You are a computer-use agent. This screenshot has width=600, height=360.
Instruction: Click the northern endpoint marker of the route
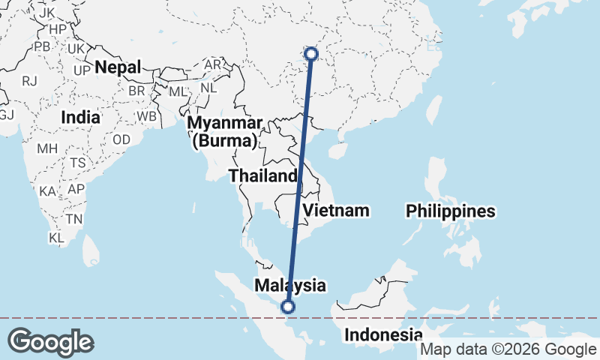click(x=311, y=53)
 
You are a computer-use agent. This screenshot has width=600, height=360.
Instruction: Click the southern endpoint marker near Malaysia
click(x=287, y=305)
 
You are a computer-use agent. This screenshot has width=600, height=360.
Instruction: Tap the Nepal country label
click(x=117, y=67)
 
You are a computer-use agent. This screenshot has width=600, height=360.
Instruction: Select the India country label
click(x=80, y=117)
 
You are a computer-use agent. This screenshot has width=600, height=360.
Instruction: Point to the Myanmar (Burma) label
click(x=225, y=131)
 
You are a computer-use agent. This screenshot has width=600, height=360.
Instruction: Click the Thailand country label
click(x=263, y=175)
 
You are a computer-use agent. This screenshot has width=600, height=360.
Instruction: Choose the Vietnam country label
click(x=336, y=210)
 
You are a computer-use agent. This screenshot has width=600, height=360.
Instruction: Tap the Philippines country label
click(x=451, y=211)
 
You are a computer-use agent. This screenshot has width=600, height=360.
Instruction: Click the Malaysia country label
click(x=290, y=285)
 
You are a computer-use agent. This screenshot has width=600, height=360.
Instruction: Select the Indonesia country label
click(x=382, y=334)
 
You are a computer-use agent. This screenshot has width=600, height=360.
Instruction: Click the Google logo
click(x=50, y=342)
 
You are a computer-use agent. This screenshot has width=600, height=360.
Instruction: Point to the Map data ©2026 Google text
click(x=508, y=349)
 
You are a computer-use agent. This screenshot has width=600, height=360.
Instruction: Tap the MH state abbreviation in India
click(x=46, y=148)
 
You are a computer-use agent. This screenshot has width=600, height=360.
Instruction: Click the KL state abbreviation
click(x=56, y=238)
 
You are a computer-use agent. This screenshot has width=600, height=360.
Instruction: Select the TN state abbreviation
click(x=73, y=219)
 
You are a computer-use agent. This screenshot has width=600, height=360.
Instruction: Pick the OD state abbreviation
click(x=121, y=140)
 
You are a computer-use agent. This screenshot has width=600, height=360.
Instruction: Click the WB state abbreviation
click(x=146, y=117)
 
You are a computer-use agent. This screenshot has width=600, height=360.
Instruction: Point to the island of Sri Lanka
click(x=91, y=249)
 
